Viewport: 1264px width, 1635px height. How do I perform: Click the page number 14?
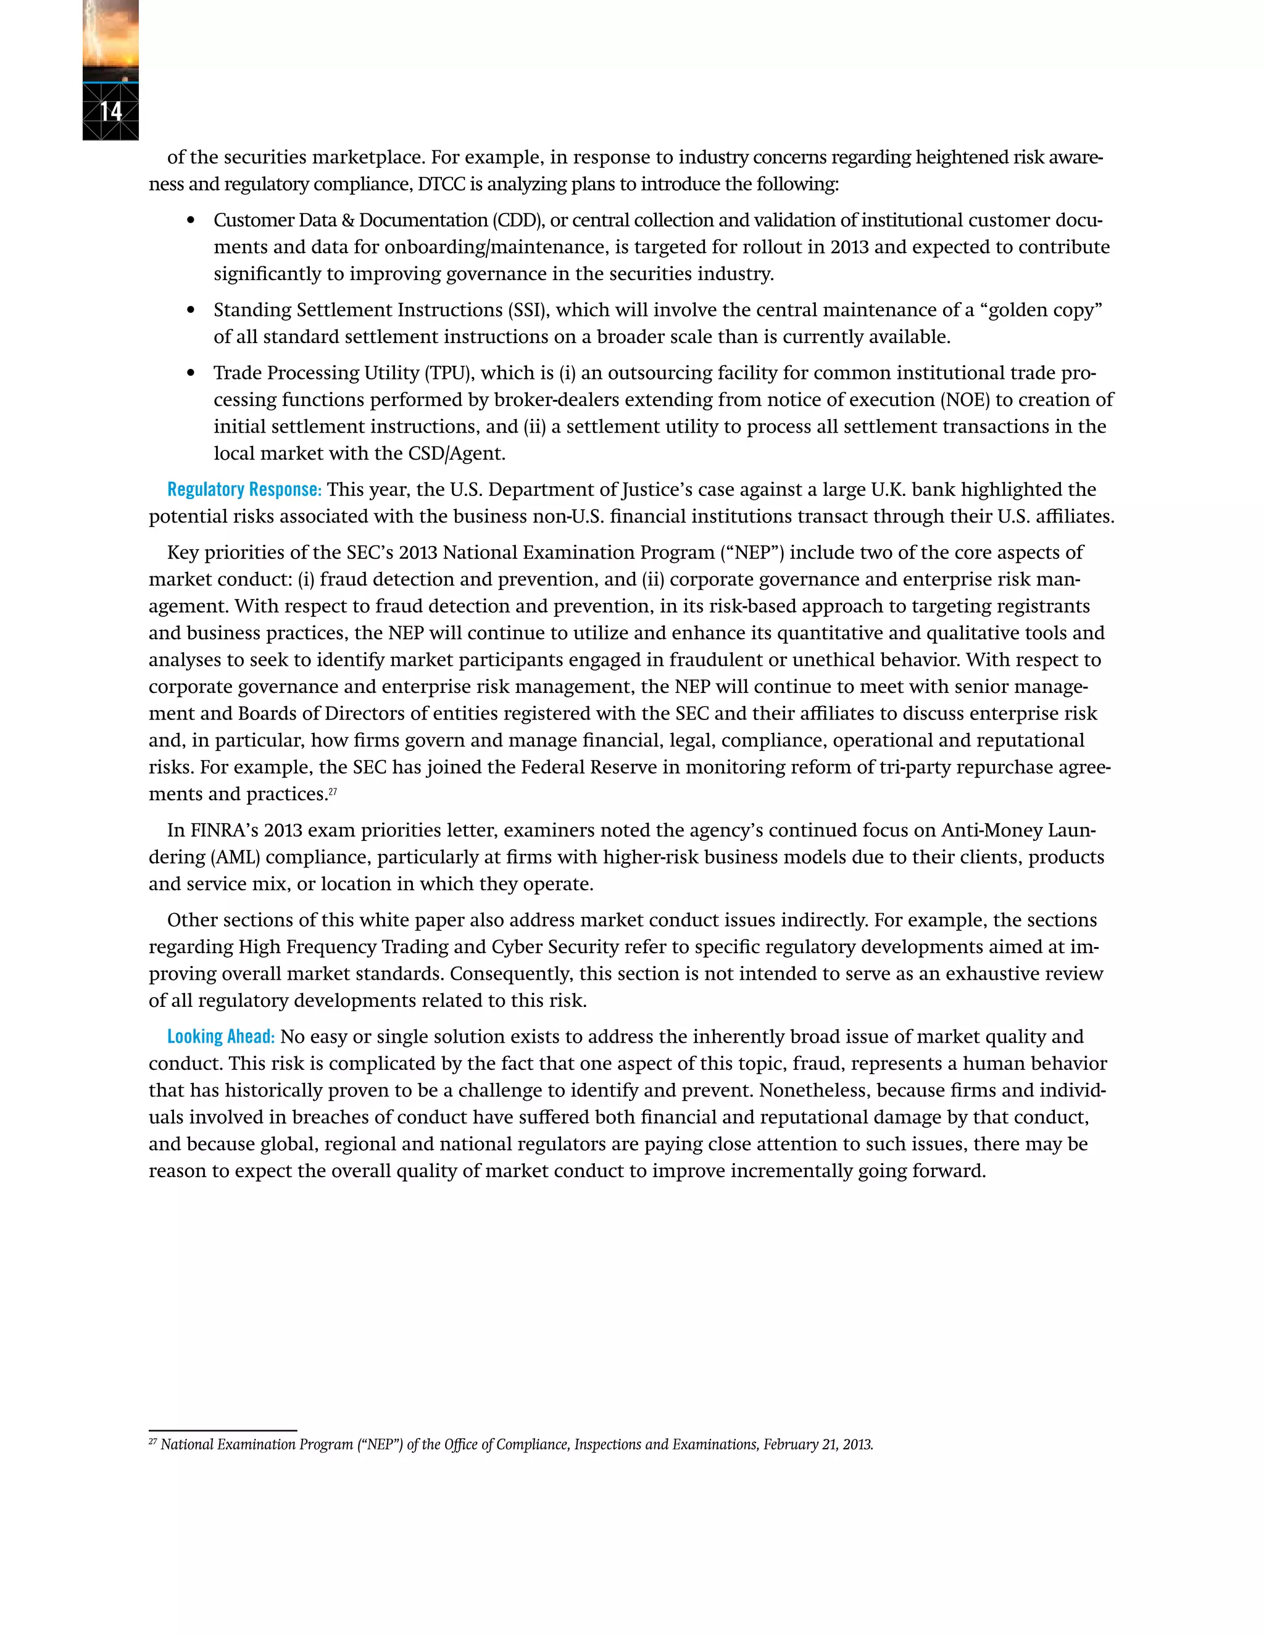point(111,112)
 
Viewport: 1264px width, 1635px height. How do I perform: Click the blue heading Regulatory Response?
point(244,490)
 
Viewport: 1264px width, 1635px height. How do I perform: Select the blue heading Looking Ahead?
point(221,1037)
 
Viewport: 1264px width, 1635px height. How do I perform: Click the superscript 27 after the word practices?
point(333,790)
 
